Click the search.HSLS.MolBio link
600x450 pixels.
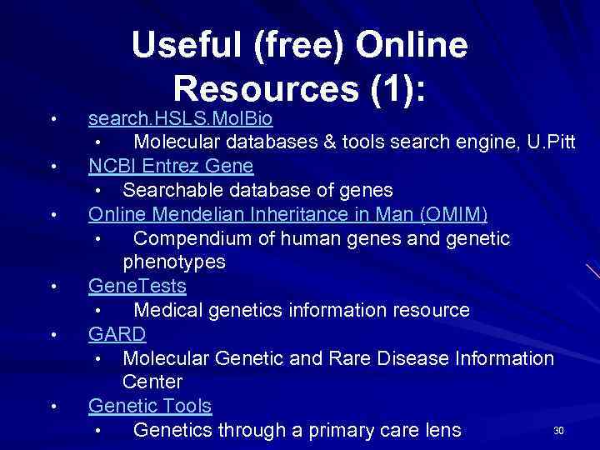click(x=181, y=118)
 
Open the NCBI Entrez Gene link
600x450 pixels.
click(x=171, y=166)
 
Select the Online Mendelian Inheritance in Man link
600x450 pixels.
click(x=287, y=214)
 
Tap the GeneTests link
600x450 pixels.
click(x=137, y=287)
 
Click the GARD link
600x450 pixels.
click(x=117, y=335)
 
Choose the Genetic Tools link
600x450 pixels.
click(x=150, y=407)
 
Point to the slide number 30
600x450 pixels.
click(x=558, y=431)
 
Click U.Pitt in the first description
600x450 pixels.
click(x=551, y=142)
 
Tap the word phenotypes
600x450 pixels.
click(x=173, y=262)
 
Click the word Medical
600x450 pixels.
click(x=167, y=311)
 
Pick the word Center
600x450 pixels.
click(x=152, y=382)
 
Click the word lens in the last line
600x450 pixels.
click(x=441, y=430)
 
